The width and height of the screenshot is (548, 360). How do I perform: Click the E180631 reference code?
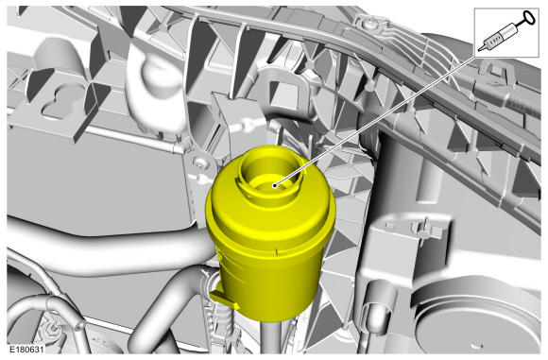26,350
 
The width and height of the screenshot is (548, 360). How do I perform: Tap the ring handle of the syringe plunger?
529,17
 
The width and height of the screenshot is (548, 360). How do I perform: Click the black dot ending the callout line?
275,185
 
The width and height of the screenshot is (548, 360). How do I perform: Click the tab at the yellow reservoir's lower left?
224,299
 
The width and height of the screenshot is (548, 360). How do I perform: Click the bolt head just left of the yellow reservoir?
199,162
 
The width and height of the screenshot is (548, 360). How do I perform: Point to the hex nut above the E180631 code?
52,329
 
